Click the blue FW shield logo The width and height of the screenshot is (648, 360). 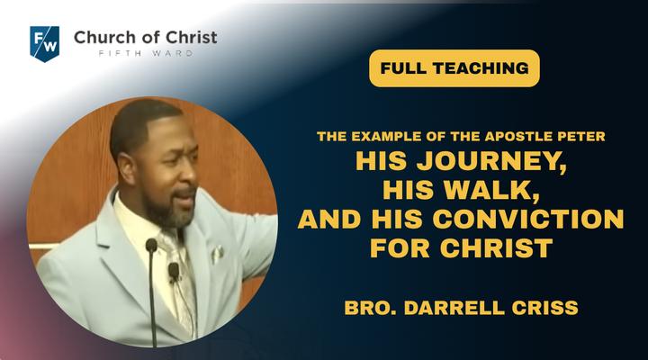tap(45, 44)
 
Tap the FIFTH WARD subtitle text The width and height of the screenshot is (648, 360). tap(146, 53)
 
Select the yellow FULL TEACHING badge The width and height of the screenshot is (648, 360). tap(454, 68)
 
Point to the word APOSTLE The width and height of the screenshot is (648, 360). tap(512, 136)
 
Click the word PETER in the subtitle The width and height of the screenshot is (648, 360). tap(585, 136)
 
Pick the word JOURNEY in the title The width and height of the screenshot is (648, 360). tap(491, 162)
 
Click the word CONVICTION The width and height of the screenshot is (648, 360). tap(528, 219)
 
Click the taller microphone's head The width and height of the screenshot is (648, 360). tap(152, 245)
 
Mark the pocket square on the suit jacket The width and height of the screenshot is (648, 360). tap(217, 254)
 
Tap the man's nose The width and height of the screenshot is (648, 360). tap(188, 173)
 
